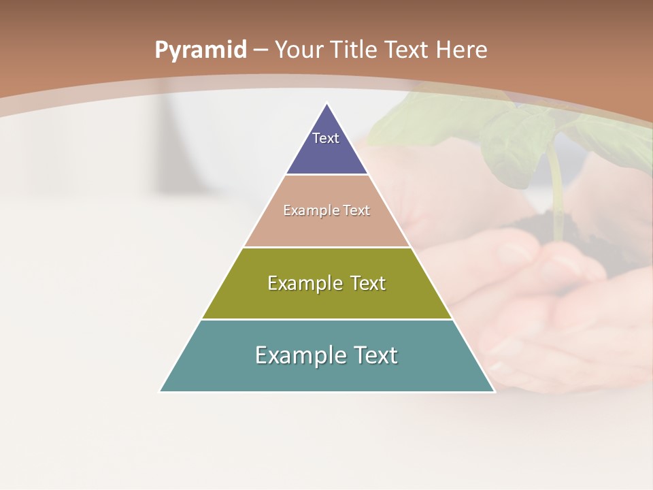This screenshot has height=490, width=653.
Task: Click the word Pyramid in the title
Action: (x=201, y=50)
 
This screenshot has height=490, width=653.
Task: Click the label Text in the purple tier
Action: (x=326, y=138)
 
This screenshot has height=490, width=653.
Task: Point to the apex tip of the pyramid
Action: (x=327, y=105)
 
